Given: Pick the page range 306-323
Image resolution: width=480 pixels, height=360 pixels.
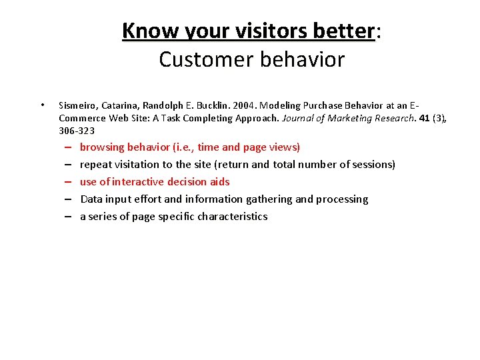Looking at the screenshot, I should [x=77, y=131].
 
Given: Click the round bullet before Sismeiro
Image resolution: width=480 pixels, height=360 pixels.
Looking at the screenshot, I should [x=42, y=105].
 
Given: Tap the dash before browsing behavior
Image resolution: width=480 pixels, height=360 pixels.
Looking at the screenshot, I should [x=69, y=147].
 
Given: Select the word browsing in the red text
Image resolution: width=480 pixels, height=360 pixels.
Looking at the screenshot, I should [x=102, y=147].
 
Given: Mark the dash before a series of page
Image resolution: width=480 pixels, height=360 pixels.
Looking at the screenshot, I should [x=69, y=217].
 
